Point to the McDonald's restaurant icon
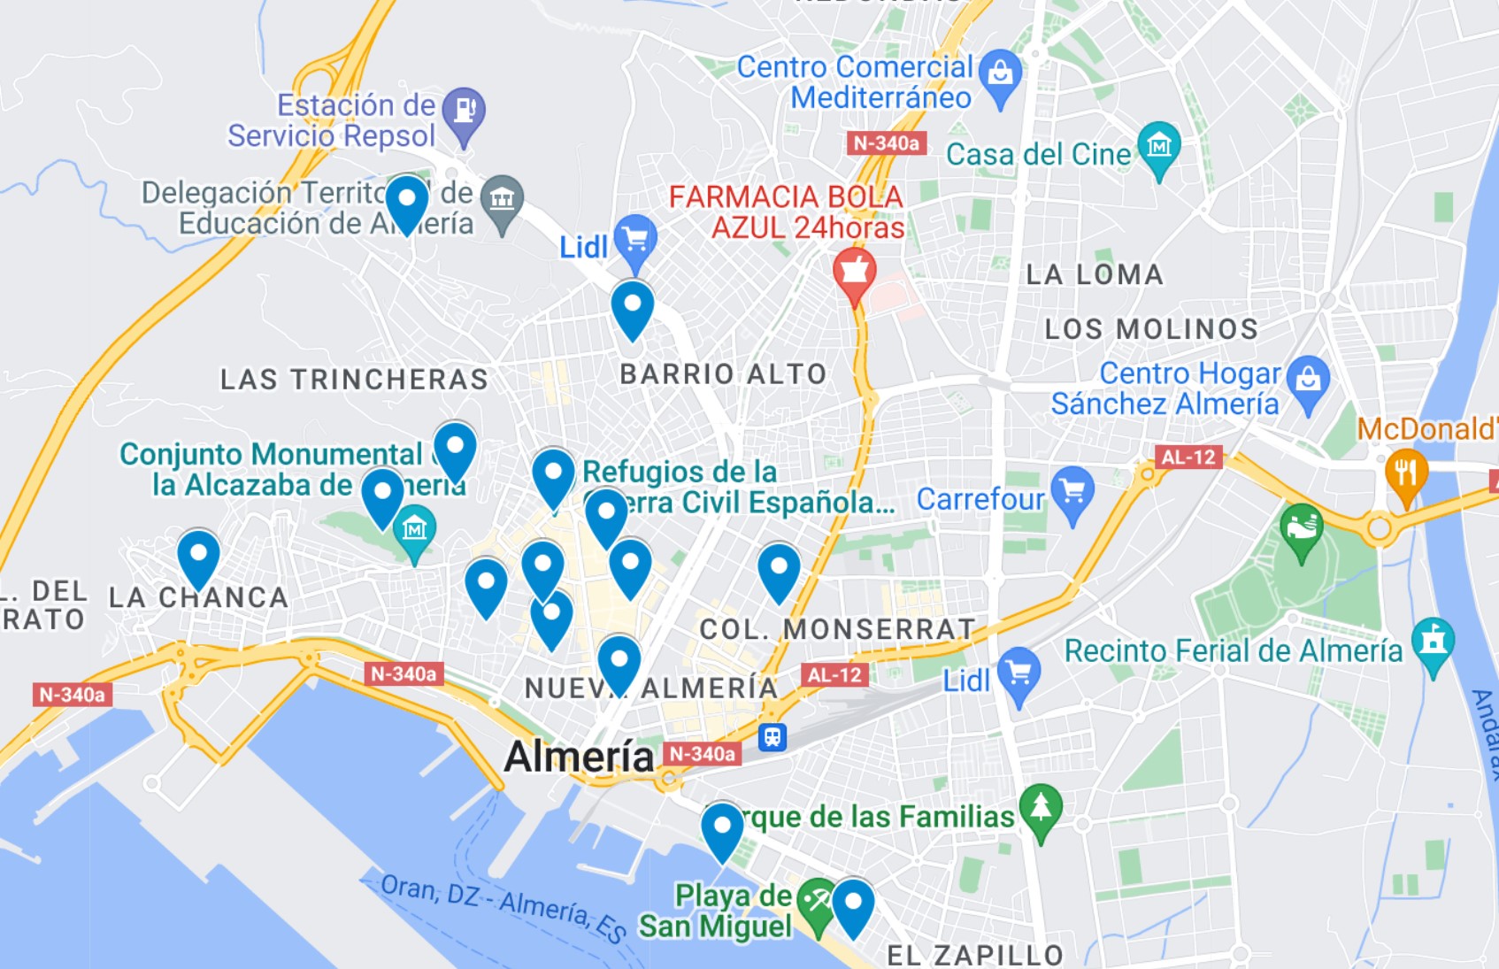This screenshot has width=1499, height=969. (x=1405, y=474)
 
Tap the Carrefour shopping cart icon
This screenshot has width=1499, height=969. (x=1072, y=492)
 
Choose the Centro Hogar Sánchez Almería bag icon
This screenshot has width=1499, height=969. (x=1308, y=381)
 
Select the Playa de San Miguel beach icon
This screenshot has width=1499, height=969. (x=816, y=903)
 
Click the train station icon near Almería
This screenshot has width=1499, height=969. (x=773, y=736)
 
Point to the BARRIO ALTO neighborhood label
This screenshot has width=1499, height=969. (x=723, y=374)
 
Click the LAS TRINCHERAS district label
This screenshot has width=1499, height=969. (x=354, y=380)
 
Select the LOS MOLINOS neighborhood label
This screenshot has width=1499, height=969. (x=1151, y=329)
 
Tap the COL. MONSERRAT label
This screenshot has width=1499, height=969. (x=837, y=629)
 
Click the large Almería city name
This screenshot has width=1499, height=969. (x=579, y=757)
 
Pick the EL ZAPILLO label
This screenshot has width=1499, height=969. (x=975, y=955)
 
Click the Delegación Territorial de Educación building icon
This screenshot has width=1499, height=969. (x=503, y=200)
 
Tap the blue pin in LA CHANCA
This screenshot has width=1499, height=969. (x=198, y=556)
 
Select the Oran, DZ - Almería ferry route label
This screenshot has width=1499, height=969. (x=504, y=906)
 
